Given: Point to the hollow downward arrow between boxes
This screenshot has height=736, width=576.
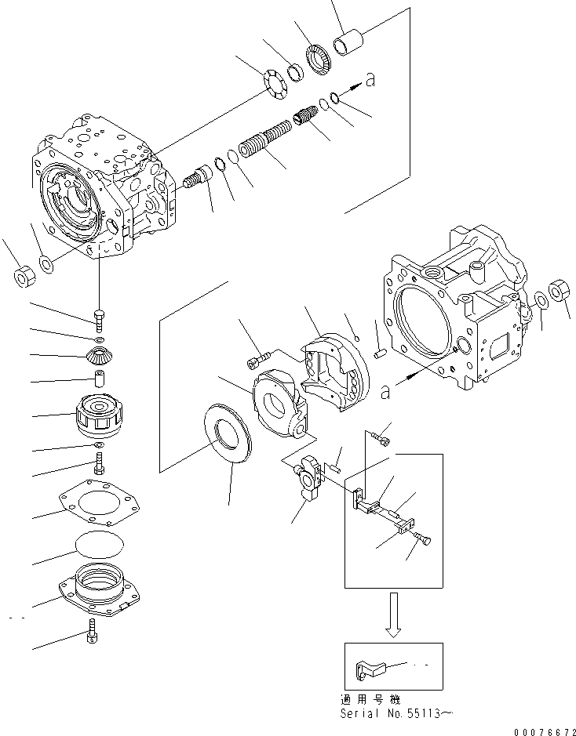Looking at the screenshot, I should coord(392,616).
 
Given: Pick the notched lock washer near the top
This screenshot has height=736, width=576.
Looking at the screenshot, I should coord(273,84).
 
